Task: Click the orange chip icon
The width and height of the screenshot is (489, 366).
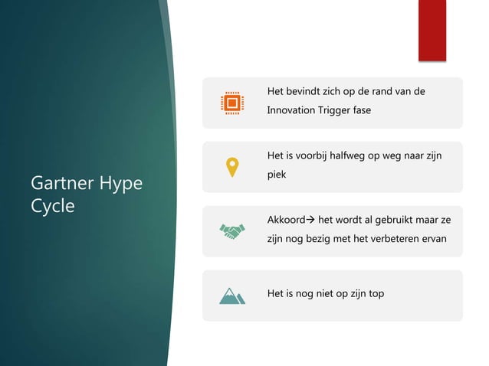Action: pyautogui.click(x=231, y=102)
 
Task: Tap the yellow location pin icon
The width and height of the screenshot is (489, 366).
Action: pyautogui.click(x=231, y=166)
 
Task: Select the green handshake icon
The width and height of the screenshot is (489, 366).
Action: pyautogui.click(x=231, y=230)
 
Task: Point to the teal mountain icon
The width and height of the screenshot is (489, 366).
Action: pyautogui.click(x=231, y=295)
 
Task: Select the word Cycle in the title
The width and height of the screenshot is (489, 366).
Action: pyautogui.click(x=52, y=207)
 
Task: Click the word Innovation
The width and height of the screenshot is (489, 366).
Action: pyautogui.click(x=290, y=110)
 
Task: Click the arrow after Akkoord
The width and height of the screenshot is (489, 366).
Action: pyautogui.click(x=314, y=221)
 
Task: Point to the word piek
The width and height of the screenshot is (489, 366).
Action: pyautogui.click(x=276, y=175)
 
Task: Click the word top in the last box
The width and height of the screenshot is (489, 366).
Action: pyautogui.click(x=376, y=294)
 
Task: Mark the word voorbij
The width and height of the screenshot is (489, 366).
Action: pyautogui.click(x=310, y=156)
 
